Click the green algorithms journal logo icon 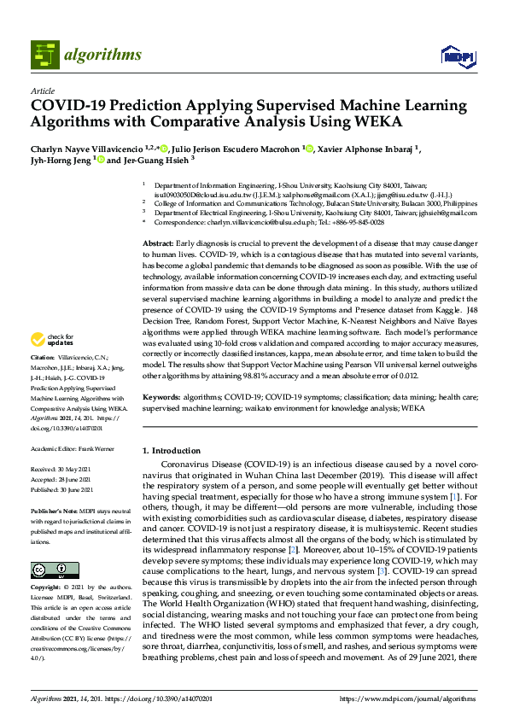pyautogui.click(x=45, y=55)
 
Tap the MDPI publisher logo pyautogui.click(x=457, y=56)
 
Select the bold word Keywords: pyautogui.click(x=162, y=398)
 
